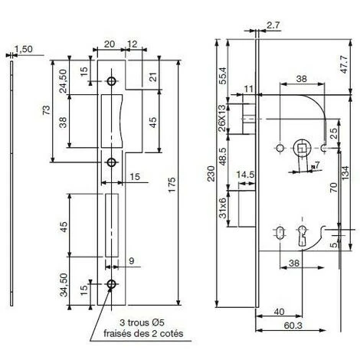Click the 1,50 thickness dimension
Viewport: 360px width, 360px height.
point(24,49)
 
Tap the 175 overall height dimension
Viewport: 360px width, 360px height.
point(172,185)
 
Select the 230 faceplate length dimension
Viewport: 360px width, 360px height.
point(211,174)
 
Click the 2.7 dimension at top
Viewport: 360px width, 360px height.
point(273,25)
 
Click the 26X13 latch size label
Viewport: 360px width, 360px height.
point(222,118)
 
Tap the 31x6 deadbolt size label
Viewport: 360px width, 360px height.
point(223,208)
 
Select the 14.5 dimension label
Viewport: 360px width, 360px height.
point(245,175)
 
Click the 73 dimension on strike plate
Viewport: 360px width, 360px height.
point(47,110)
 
